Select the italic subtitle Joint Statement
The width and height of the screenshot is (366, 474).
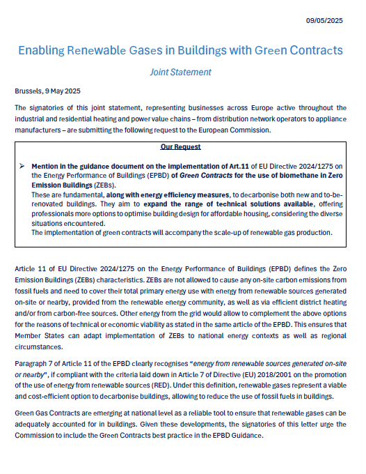pyautogui.click(x=180, y=72)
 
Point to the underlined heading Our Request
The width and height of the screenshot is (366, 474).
pyautogui.click(x=180, y=147)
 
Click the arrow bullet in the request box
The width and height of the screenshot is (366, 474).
pyautogui.click(x=22, y=167)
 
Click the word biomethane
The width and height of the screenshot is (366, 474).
pyautogui.click(x=276, y=177)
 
